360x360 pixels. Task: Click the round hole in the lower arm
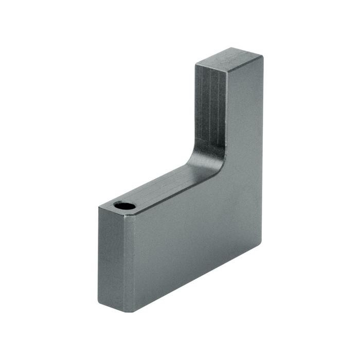(x=125, y=206)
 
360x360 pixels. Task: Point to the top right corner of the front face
(x=262, y=57)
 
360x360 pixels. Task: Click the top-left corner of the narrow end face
(x=99, y=207)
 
